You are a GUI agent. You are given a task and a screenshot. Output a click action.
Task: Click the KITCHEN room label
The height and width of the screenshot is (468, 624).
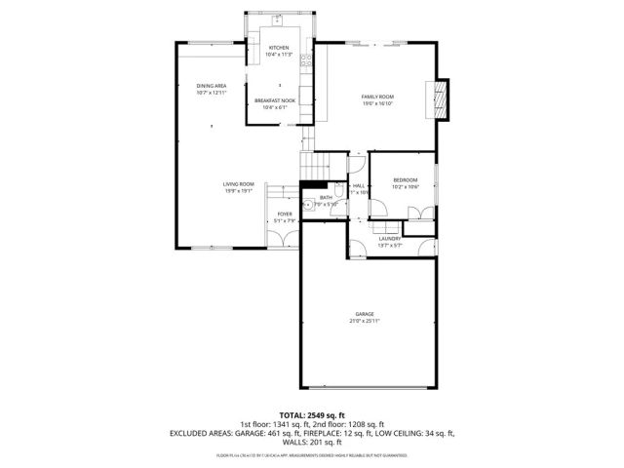(x=279, y=48)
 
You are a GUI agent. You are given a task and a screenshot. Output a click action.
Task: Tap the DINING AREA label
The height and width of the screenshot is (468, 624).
(x=212, y=87)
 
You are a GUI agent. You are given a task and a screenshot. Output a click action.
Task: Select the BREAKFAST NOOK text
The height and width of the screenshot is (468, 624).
(x=275, y=100)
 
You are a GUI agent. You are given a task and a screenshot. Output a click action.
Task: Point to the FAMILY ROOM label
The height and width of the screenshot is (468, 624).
(x=377, y=97)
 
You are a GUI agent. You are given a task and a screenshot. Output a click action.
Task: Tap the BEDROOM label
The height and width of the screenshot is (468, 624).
(x=405, y=179)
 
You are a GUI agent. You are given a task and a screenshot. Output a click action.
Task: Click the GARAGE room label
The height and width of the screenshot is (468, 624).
(x=365, y=314)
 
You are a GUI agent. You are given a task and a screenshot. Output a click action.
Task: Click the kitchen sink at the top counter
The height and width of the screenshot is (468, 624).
(x=277, y=19)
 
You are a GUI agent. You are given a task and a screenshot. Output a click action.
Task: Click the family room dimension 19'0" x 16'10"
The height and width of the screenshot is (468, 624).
(x=377, y=103)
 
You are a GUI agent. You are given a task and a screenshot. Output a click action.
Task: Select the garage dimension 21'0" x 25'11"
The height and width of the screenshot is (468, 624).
(x=365, y=321)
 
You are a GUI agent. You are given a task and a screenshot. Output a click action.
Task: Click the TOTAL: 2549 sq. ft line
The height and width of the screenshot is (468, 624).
(x=312, y=415)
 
